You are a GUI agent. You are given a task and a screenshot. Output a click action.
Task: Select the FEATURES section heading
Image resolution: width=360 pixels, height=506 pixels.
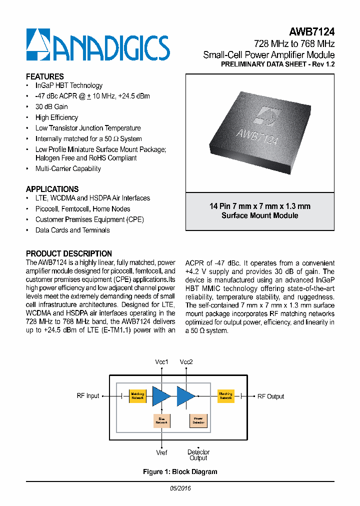pos(44,76)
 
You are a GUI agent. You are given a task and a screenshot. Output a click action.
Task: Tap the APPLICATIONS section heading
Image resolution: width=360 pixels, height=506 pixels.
pos(52,189)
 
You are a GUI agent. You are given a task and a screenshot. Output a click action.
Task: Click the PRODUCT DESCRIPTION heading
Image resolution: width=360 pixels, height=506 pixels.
pos(68,253)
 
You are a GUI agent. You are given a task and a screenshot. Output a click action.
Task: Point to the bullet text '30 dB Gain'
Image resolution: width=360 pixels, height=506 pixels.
pos(51,106)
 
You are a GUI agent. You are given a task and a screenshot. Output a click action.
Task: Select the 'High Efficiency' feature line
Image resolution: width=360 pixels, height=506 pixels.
pos(56,117)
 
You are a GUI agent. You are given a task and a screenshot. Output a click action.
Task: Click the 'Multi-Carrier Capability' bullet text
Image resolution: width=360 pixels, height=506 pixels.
pos(68,168)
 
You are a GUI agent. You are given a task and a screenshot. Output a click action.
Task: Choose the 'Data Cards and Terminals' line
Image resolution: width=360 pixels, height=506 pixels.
pos(72,230)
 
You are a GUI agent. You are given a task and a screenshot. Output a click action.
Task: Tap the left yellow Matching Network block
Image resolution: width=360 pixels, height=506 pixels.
pos(137,396)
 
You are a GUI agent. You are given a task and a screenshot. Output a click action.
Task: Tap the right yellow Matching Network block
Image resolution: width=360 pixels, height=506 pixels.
pos(226,396)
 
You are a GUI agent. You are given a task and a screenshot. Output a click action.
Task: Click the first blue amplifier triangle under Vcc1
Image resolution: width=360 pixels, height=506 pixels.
pos(161,395)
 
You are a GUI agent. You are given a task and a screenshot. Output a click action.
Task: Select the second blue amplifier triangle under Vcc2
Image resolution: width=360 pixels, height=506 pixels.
pos(185,395)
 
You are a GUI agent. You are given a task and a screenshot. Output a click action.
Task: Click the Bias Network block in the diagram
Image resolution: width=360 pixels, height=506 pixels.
pos(161,420)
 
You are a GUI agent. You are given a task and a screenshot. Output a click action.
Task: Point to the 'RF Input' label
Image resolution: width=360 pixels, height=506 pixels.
pos(88,396)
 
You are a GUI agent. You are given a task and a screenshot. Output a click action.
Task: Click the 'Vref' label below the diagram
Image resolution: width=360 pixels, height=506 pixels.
pos(161,452)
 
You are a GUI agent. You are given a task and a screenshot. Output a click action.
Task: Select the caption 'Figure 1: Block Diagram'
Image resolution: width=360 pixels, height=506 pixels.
pos(180,471)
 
